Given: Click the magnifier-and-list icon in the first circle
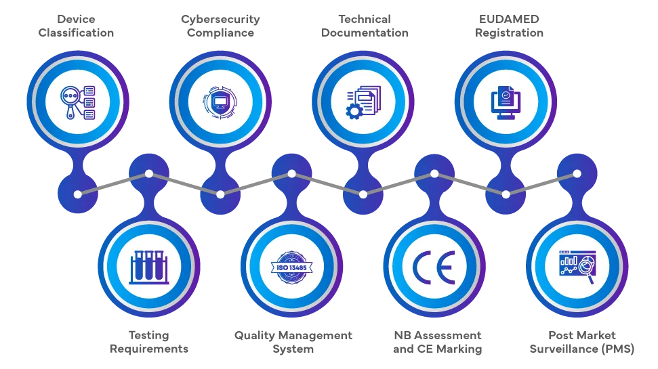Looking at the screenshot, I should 77,102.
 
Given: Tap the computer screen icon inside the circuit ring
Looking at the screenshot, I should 220,102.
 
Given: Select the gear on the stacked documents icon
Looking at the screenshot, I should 353,111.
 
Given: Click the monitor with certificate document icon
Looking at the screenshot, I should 506,102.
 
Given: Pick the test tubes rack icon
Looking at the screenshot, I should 149,267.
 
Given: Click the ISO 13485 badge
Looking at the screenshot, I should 291,267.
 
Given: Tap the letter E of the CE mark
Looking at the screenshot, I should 445,267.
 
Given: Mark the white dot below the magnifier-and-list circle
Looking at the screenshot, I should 78,194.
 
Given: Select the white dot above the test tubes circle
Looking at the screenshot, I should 149,173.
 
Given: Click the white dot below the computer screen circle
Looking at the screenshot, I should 220,194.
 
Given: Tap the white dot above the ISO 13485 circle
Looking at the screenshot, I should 291,173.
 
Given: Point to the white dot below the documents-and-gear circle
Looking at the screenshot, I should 363,194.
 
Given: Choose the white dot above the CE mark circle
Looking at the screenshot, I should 434,173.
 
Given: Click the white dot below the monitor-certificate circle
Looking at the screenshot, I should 506,194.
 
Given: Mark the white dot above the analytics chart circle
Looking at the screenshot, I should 577,173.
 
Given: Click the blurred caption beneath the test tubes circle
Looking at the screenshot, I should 149,343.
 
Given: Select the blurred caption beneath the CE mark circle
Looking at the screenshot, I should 436,343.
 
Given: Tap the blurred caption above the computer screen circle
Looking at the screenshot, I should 220,25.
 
